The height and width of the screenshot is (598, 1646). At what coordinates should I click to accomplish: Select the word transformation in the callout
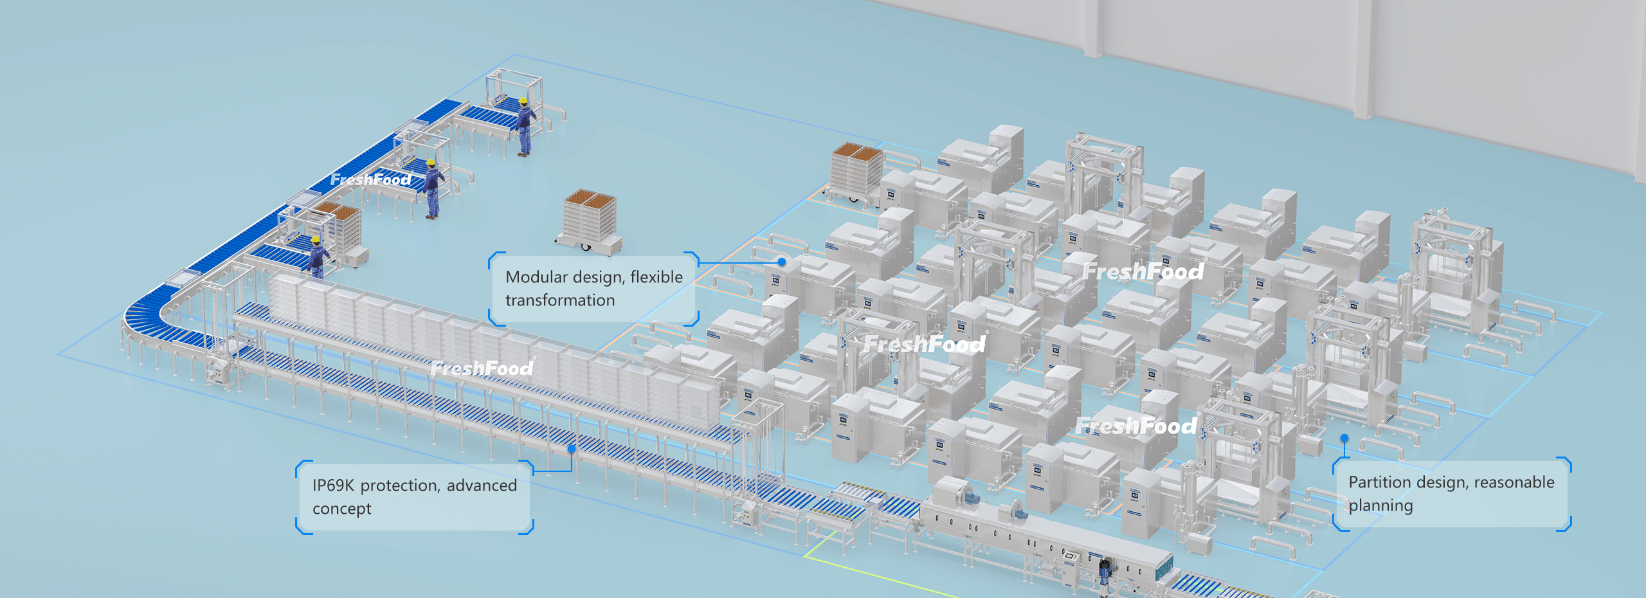(x=559, y=300)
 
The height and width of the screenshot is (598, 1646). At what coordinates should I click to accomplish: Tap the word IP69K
(x=333, y=485)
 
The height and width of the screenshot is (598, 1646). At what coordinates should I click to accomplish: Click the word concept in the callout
(x=341, y=509)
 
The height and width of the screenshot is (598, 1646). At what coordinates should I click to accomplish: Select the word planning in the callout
(x=1380, y=506)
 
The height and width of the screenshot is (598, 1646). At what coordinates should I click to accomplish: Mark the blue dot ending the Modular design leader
(x=782, y=262)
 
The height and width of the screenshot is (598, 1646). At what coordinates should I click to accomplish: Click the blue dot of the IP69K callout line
(x=572, y=449)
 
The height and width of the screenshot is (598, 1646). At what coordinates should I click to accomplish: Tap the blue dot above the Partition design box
(x=1344, y=439)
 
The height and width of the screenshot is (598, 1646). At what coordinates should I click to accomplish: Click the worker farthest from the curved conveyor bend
(x=525, y=127)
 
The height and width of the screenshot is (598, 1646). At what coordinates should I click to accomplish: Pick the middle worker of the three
(x=433, y=188)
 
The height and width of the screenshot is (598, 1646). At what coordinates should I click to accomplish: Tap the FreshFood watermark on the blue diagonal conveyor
(x=370, y=179)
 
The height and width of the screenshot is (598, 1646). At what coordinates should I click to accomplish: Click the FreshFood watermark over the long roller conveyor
(x=482, y=368)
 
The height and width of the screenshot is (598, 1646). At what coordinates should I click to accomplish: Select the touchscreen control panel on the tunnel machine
(x=1071, y=556)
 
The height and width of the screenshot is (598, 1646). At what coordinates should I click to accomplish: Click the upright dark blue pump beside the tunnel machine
(x=1105, y=572)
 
